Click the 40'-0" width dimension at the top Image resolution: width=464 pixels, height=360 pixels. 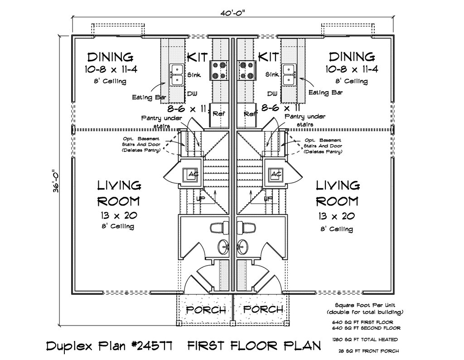[233, 13]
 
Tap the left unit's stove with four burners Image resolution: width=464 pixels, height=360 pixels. [219, 70]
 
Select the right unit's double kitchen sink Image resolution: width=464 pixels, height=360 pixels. [288, 74]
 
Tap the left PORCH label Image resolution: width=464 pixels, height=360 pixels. [206, 310]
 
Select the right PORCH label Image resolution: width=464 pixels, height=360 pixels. [263, 309]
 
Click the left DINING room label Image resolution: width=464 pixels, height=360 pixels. [111, 57]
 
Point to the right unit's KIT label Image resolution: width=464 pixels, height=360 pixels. [268, 57]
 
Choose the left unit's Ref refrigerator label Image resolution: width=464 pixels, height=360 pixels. [219, 114]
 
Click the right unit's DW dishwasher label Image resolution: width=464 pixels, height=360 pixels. [272, 93]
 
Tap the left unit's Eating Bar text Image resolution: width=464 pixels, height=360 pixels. [149, 97]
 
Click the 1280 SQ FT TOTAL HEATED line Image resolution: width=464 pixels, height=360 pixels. [365, 340]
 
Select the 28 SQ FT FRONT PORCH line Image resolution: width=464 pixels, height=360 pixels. [369, 351]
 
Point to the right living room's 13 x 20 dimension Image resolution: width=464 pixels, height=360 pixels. [337, 216]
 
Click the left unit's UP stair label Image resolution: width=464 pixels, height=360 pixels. [201, 198]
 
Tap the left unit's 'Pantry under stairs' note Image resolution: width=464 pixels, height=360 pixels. [161, 122]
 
